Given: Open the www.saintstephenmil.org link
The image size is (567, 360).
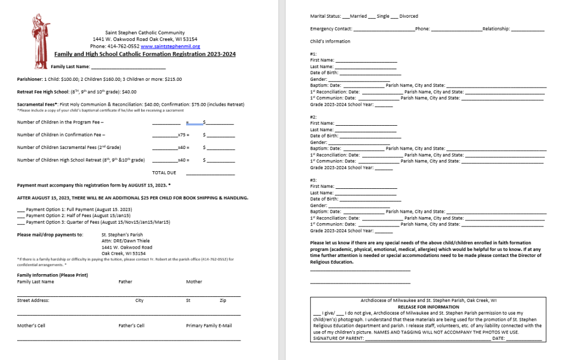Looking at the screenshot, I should (x=171, y=47).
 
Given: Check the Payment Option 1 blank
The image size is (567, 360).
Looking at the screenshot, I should (x=21, y=209).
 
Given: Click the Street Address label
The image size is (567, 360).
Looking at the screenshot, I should (x=33, y=300).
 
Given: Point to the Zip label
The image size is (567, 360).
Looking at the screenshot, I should (x=223, y=300).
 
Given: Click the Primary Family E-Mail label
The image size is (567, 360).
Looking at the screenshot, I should (x=209, y=326).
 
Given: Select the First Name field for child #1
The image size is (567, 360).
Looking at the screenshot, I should (x=366, y=60).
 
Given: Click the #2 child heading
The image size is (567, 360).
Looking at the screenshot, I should (x=313, y=117).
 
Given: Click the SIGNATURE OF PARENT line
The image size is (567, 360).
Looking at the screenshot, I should (x=427, y=338).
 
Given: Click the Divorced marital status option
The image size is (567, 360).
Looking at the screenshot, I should (x=409, y=16).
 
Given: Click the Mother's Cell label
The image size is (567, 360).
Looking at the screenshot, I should (x=31, y=326).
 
